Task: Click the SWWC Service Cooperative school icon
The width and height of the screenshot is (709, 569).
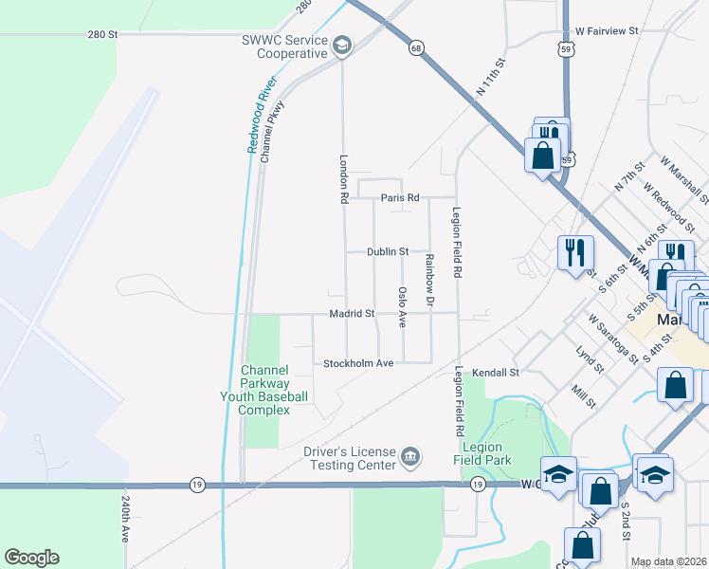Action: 341,45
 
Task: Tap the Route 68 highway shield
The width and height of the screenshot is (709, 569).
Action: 415,46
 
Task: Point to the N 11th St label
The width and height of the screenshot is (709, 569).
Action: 490,80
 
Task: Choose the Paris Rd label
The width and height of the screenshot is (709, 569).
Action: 400,198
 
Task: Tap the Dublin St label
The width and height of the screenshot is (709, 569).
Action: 388,252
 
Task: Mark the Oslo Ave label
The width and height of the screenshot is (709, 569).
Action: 403,307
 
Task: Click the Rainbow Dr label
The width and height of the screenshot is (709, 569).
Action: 428,280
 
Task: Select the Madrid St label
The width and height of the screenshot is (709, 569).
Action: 353,313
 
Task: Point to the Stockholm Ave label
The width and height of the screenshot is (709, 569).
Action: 358,363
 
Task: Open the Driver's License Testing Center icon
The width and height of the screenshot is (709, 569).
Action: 409,458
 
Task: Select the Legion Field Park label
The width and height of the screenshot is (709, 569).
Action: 486,453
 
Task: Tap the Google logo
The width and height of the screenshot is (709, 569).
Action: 31,558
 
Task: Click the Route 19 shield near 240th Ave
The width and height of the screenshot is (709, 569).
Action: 195,484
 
